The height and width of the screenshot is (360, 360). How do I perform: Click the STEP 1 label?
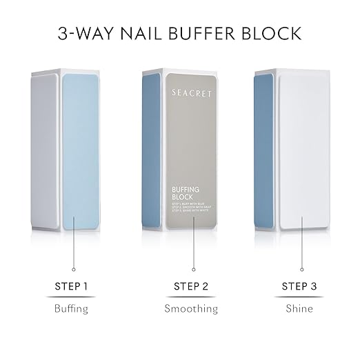click(x=71, y=285)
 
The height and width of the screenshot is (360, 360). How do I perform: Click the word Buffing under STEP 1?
click(x=71, y=308)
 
